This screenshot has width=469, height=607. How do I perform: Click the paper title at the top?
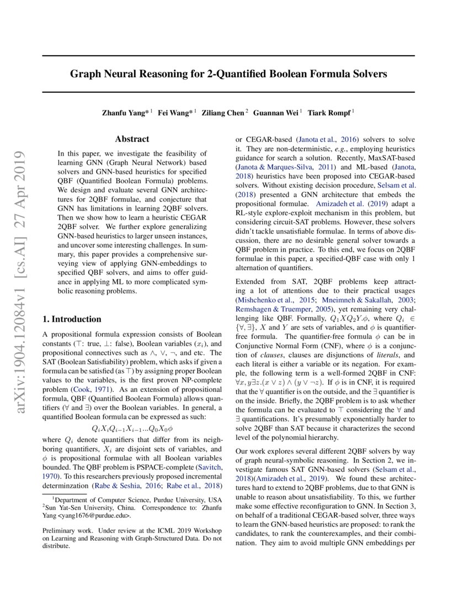(228, 73)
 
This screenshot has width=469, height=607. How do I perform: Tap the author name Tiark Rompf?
(331, 113)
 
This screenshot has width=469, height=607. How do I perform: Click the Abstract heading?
(132, 140)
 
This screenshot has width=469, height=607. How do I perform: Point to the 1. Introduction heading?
(72, 319)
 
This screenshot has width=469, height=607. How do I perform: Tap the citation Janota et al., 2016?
(319, 140)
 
